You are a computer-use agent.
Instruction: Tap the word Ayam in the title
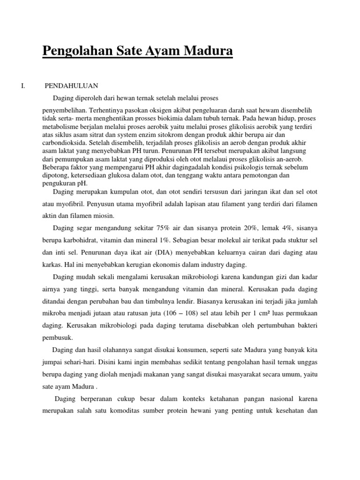click(166, 51)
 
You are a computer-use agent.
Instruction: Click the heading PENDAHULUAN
click(71, 86)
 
